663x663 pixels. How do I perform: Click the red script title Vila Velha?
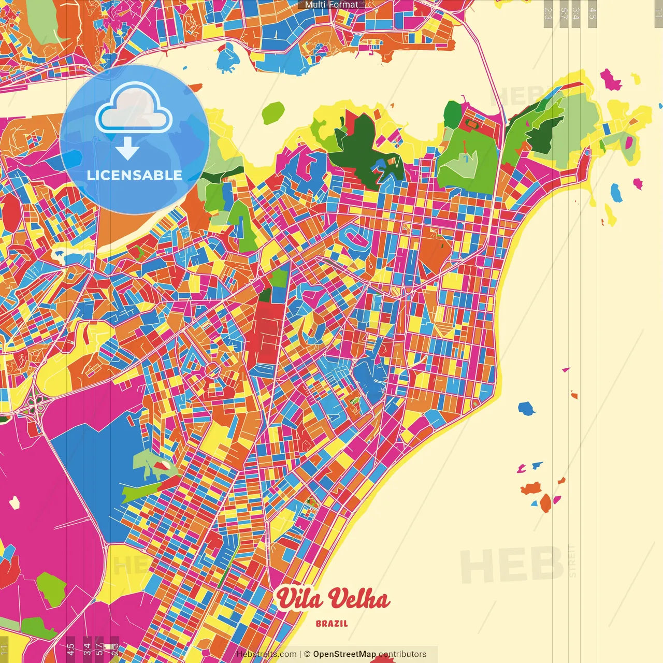click(x=332, y=599)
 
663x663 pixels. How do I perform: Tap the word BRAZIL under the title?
click(x=332, y=624)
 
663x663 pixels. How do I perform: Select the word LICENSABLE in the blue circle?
click(x=135, y=175)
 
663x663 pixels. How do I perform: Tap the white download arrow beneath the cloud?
click(x=127, y=149)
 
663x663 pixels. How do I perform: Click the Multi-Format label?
click(x=331, y=5)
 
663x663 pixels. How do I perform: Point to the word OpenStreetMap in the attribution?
click(x=344, y=654)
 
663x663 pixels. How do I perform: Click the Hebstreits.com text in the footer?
click(x=267, y=654)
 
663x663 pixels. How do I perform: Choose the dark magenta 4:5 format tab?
click(x=70, y=648)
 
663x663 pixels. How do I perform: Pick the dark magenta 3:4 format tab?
click(x=87, y=648)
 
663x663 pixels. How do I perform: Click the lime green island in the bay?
click(x=273, y=112)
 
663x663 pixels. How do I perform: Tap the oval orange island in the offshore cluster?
click(x=545, y=503)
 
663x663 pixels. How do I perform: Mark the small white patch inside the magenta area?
click(x=15, y=501)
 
